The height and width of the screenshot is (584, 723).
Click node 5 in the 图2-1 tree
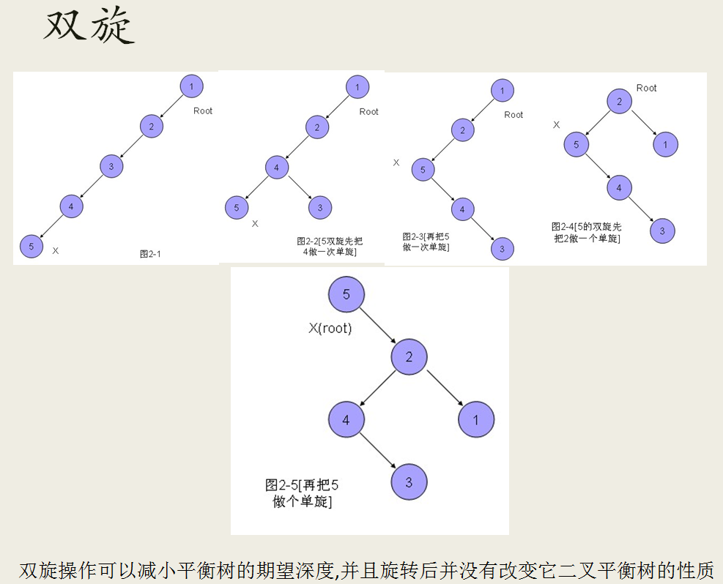point(31,247)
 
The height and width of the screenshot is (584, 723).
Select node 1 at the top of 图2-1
point(191,86)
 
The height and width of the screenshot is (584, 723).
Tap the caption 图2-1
point(150,254)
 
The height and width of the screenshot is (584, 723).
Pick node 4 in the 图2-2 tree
point(276,168)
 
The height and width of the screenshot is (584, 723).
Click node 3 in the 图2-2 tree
point(320,208)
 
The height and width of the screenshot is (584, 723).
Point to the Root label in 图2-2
point(369,112)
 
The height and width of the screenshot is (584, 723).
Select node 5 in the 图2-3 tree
point(423,171)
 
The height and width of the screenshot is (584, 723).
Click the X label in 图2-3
point(396,162)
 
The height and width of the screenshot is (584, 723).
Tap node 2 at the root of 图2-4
point(619,101)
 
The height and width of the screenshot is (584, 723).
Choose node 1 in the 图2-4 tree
point(665,145)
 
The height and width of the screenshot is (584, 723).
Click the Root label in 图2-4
point(647,88)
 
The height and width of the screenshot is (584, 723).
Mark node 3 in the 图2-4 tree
point(662,231)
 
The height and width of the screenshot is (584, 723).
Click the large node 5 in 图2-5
point(346,294)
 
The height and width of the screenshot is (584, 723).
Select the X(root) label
point(330,329)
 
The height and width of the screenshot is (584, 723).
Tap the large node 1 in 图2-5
point(476,420)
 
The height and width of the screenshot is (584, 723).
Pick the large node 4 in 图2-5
point(346,420)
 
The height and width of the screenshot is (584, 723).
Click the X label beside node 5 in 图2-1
point(56,250)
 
